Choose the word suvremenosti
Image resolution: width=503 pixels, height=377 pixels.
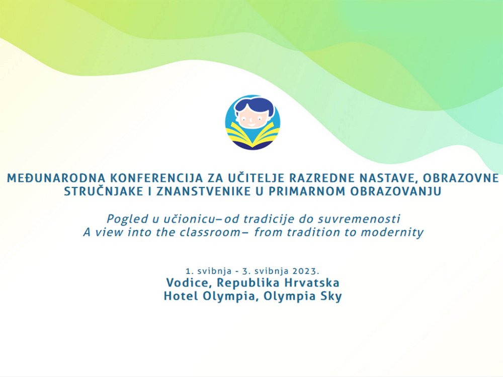pos(359,219)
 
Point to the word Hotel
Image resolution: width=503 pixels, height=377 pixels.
pos(180,296)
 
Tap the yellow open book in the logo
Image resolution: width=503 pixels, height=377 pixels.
pos(252,135)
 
